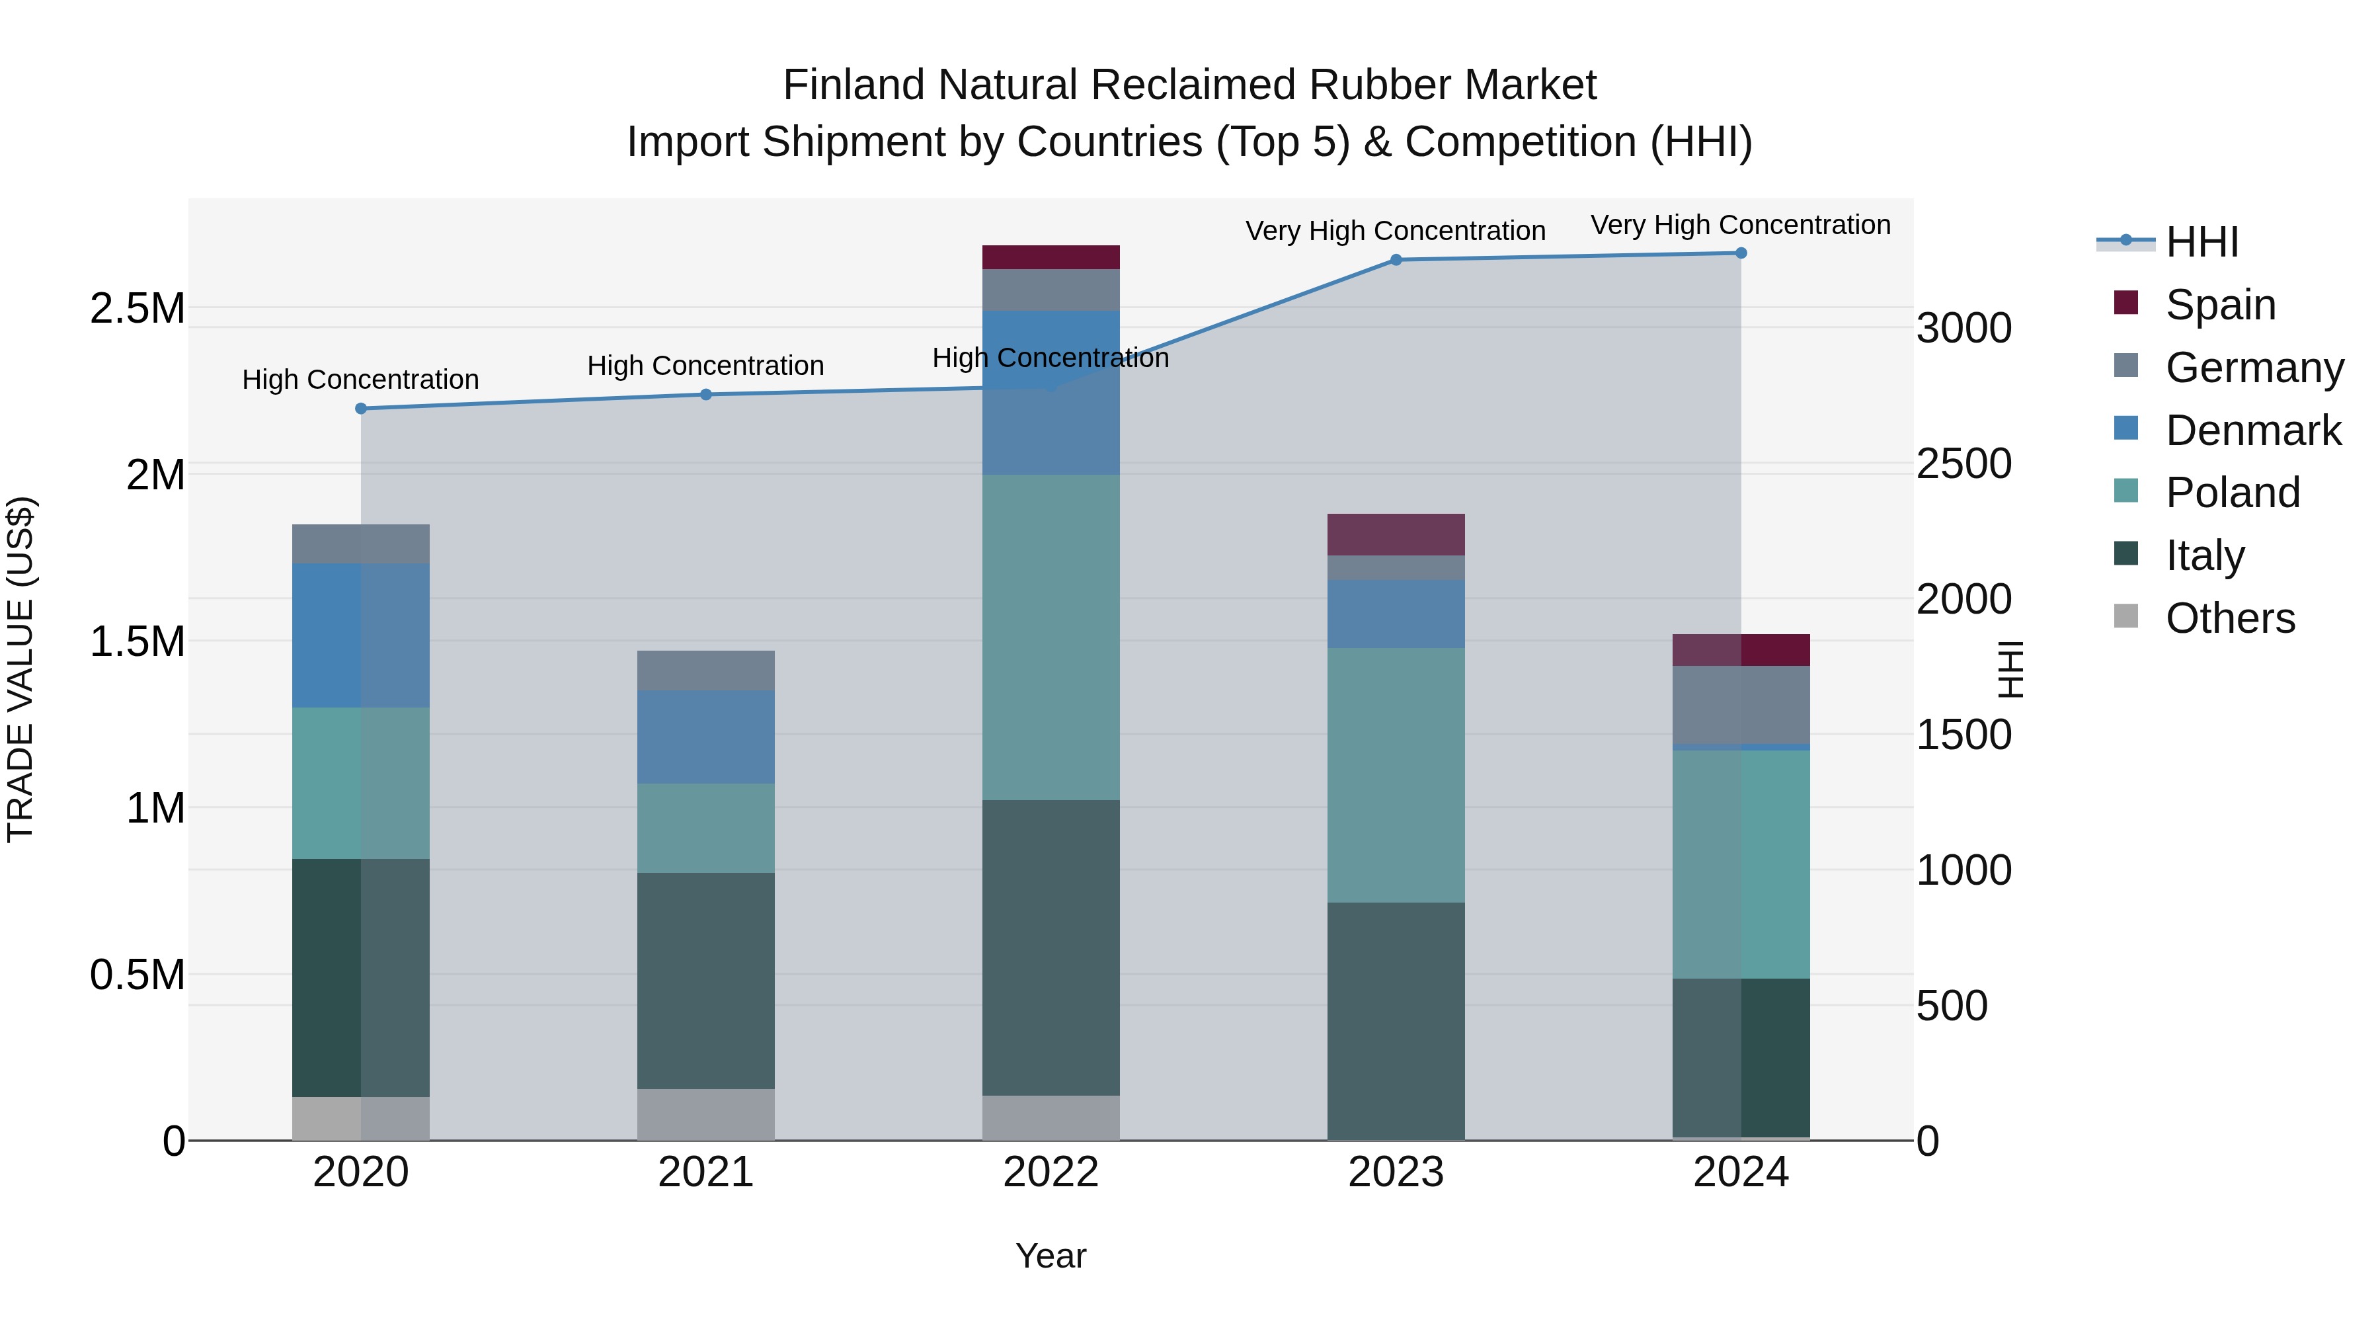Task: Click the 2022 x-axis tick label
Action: (x=1051, y=1172)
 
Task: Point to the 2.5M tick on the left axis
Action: (x=138, y=309)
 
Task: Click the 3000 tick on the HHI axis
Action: (x=1963, y=328)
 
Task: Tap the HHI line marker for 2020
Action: (x=361, y=409)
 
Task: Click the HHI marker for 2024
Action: (x=1741, y=253)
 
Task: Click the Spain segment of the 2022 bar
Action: (x=1051, y=257)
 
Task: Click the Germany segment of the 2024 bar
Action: (x=1741, y=704)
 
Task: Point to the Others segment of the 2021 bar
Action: (x=706, y=1114)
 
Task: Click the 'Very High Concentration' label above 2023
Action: (x=1395, y=231)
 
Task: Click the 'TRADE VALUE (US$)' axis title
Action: (x=21, y=669)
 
